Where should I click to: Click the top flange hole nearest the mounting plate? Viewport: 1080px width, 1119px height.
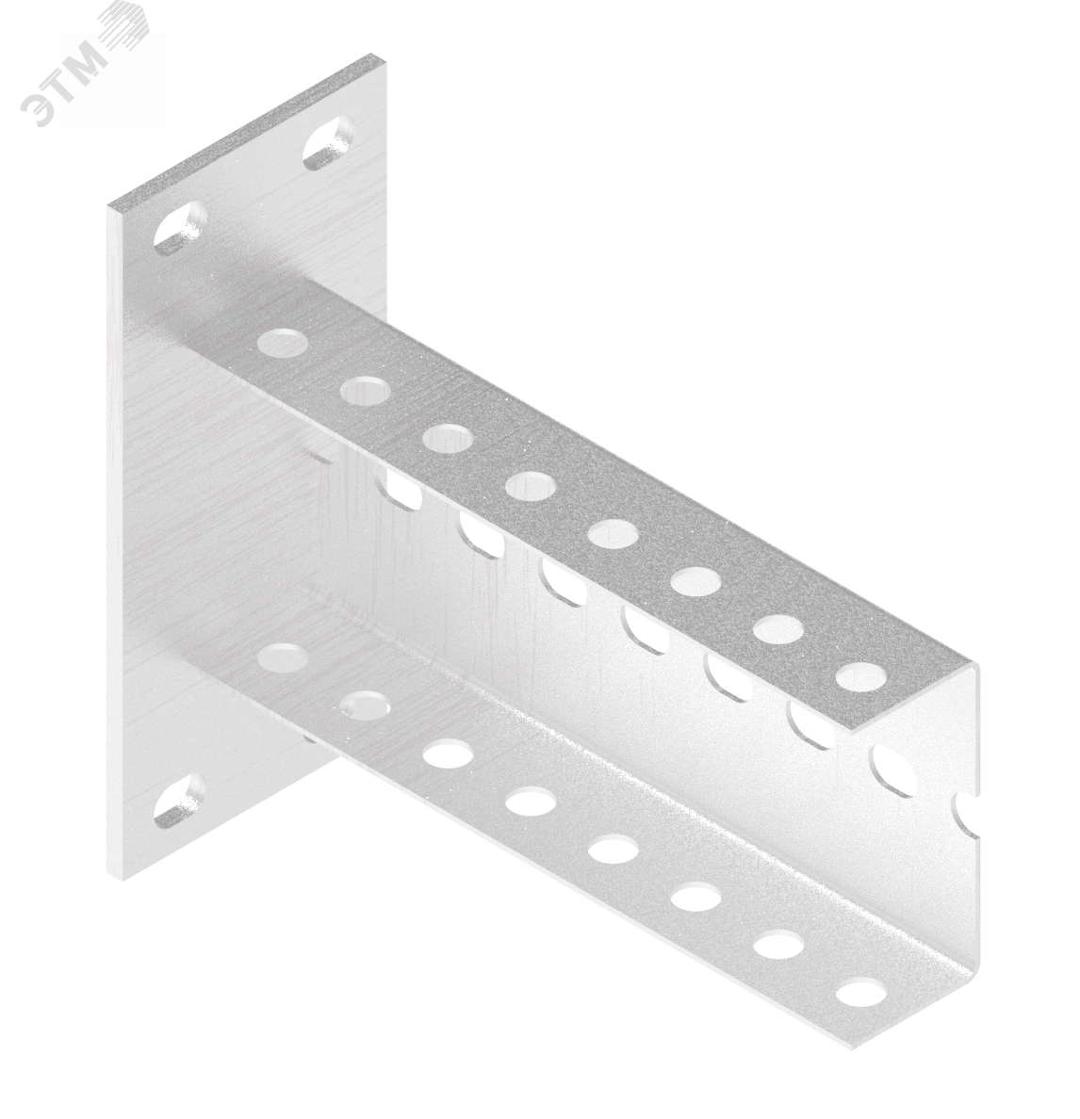[x=283, y=342]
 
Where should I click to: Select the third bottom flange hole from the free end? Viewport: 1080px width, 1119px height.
[x=695, y=899]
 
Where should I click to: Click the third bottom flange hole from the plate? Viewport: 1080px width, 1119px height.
[x=448, y=754]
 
